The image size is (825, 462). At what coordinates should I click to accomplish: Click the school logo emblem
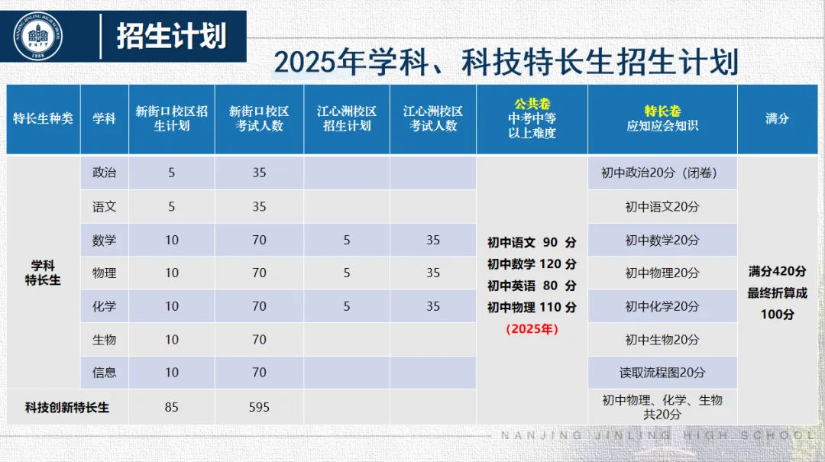pos(38,37)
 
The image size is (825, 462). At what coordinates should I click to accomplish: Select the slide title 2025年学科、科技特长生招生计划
pos(506,62)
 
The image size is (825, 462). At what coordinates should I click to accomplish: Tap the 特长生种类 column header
pos(44,118)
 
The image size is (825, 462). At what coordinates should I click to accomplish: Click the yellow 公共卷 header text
pos(532,104)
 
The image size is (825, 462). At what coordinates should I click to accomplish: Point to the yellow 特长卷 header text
pos(662,111)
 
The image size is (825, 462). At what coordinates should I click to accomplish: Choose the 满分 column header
pos(777,118)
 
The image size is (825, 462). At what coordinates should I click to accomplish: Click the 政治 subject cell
pos(105,173)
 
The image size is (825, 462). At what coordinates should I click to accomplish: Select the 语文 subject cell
pos(105,206)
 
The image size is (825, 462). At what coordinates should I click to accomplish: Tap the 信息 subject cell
pos(105,373)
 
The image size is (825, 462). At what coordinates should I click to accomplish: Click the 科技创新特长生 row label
pos(67,407)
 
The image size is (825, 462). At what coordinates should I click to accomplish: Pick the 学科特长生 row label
pos(43,273)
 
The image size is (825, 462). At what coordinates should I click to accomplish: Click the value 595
pos(259,407)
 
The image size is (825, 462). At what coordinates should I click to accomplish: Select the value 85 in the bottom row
pos(171,407)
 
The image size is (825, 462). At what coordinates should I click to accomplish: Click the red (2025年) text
pos(532,329)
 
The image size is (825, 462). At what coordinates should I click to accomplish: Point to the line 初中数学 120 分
pos(532,264)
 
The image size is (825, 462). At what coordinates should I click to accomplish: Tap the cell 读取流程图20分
pos(662,373)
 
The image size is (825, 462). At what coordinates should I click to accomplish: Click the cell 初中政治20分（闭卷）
pos(662,173)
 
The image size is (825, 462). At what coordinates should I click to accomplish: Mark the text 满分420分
pos(777,271)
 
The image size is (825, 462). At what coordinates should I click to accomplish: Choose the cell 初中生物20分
pos(662,339)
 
